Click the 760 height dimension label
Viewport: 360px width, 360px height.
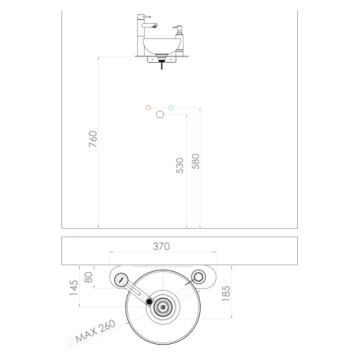pos(93,139)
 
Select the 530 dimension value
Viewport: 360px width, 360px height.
pos(180,165)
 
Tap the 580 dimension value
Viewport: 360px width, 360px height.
pos(195,162)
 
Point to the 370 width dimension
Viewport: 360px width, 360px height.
pos(162,247)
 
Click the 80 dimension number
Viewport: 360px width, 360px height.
pos(88,277)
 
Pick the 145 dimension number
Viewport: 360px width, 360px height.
pos(74,288)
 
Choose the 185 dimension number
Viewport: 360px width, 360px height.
pos(226,293)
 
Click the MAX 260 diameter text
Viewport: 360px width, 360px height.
pos(96,331)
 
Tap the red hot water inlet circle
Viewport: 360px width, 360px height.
pos(149,107)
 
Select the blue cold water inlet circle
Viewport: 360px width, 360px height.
pos(171,108)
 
